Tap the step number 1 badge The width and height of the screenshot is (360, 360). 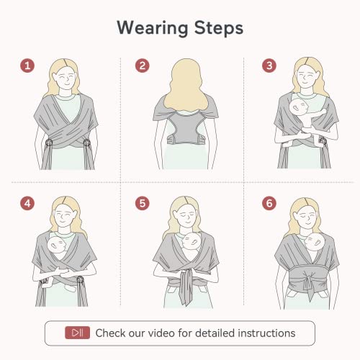point(27,66)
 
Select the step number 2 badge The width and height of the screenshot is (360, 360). point(143,66)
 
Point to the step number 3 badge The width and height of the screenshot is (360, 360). point(269,66)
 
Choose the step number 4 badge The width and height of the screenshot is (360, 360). point(27,204)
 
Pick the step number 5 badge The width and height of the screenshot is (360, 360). point(143,204)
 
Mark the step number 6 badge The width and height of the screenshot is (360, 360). point(269,204)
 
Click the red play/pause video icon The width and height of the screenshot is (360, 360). point(77,333)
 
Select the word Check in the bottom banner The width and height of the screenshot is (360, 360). point(112,333)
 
